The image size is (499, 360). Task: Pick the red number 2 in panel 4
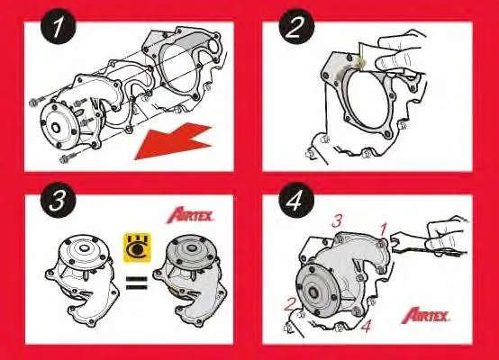click(x=290, y=303)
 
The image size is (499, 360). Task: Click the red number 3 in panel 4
click(x=337, y=220)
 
